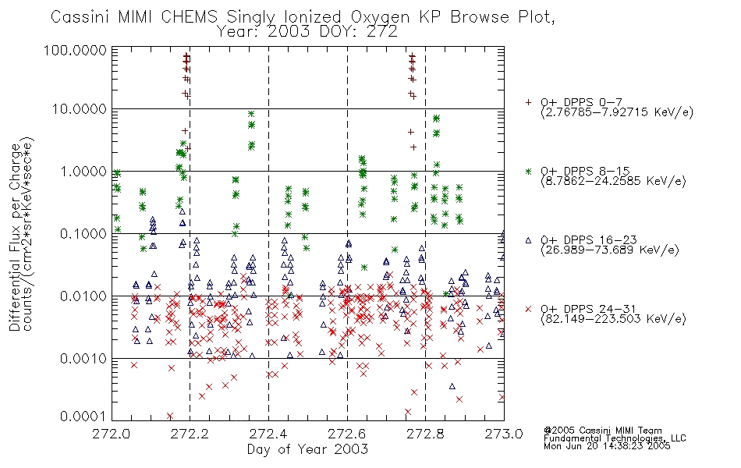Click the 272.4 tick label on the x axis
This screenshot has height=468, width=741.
point(268,434)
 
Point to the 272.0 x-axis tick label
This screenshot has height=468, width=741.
point(112,434)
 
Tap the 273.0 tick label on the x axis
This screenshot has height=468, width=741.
point(504,434)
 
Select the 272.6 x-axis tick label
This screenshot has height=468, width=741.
point(347,434)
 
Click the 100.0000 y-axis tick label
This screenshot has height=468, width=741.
point(76,50)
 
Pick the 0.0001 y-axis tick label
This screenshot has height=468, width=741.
point(83,417)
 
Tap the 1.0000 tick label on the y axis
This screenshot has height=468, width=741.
point(83,171)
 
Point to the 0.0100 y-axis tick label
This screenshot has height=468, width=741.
point(83,296)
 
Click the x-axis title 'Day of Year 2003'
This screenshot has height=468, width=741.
point(307,449)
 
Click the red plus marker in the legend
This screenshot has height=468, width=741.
point(529,102)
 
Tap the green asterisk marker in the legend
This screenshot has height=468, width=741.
point(529,171)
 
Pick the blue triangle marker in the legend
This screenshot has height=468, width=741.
point(529,240)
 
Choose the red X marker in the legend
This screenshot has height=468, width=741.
point(529,309)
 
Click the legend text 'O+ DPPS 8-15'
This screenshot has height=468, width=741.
point(586,171)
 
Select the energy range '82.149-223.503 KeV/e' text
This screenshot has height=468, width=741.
point(613,319)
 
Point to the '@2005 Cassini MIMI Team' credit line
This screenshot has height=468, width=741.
point(603,431)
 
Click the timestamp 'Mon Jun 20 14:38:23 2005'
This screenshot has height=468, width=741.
point(607,446)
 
